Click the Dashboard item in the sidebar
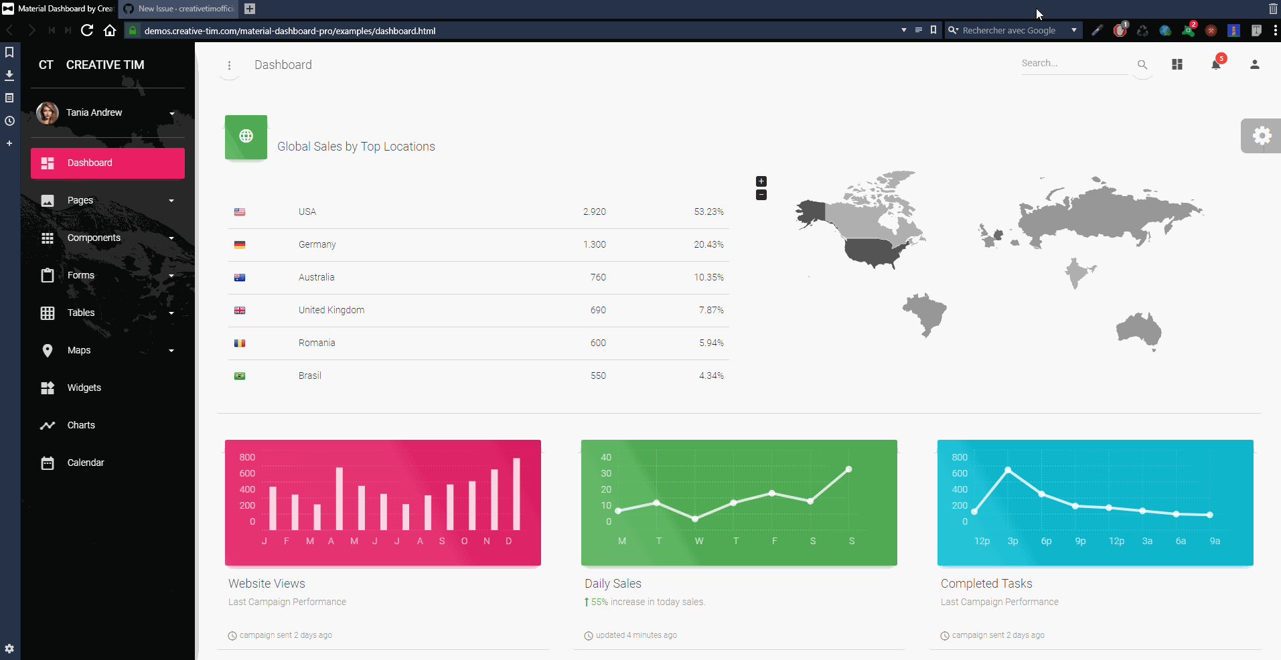click(107, 163)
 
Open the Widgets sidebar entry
click(84, 388)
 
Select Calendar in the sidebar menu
click(85, 463)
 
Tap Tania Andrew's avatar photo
click(48, 113)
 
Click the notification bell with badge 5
click(1216, 64)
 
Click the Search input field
click(1073, 64)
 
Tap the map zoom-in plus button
click(761, 181)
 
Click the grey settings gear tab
click(1262, 136)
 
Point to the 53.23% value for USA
click(708, 212)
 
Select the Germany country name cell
click(317, 245)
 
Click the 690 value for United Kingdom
click(598, 311)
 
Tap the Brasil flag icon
click(240, 376)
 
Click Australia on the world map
click(1138, 330)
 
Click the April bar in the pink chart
click(340, 499)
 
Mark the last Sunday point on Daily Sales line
click(848, 469)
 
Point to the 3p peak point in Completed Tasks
click(1008, 470)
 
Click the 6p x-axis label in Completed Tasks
click(1046, 542)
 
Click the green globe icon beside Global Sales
click(246, 137)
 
